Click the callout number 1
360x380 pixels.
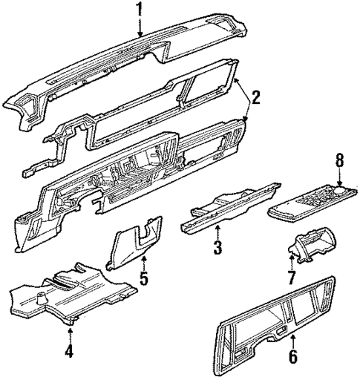(139, 10)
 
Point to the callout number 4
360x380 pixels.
(69, 351)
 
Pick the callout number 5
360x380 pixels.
(145, 280)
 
